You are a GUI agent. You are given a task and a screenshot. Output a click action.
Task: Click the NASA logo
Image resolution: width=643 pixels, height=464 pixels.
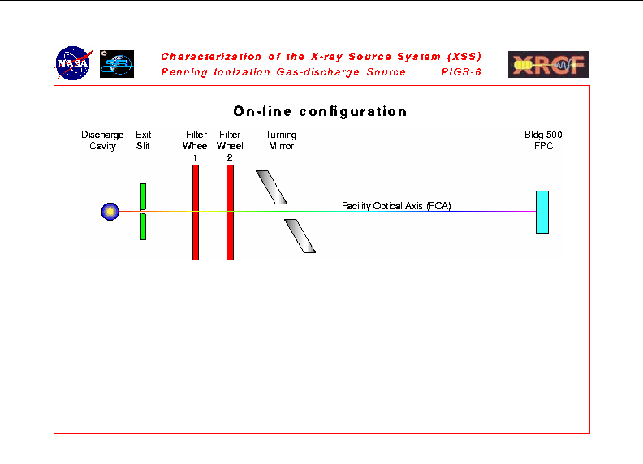(x=73, y=63)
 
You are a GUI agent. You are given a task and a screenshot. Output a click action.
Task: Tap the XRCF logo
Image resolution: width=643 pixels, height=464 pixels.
(x=549, y=64)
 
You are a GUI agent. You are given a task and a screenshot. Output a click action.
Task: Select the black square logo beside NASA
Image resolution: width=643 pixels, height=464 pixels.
(x=117, y=64)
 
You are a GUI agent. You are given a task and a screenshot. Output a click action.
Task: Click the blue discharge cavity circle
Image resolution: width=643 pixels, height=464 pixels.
(x=110, y=212)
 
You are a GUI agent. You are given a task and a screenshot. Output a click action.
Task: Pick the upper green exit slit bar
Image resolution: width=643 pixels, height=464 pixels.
(x=143, y=197)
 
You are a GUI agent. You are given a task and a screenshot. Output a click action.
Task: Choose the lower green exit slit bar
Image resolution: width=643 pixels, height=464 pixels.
(x=143, y=226)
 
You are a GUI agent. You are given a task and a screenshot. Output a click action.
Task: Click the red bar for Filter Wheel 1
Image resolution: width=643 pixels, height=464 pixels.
(x=196, y=213)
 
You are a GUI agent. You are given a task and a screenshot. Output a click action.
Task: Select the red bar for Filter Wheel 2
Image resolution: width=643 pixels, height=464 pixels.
(x=230, y=213)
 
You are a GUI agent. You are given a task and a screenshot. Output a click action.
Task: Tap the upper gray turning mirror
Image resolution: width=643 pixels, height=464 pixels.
(x=271, y=187)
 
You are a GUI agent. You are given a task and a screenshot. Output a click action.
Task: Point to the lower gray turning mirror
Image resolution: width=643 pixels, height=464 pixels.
(x=300, y=236)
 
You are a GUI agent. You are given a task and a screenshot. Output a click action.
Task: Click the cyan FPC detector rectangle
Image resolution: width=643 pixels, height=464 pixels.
(x=542, y=212)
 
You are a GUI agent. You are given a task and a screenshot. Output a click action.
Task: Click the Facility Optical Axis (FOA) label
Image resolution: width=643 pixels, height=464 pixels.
(x=396, y=206)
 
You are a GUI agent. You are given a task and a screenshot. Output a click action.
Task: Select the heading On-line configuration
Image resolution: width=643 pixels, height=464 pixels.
(x=320, y=111)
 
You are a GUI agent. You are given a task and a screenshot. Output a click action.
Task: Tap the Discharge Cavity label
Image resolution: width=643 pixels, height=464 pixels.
(x=102, y=140)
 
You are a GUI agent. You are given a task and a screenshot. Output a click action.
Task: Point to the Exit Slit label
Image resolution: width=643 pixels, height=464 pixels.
(x=143, y=140)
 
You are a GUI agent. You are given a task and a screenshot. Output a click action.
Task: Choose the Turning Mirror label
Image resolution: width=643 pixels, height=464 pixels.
(x=281, y=140)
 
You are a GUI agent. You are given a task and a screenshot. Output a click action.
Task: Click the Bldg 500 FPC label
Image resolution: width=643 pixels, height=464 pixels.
(x=543, y=140)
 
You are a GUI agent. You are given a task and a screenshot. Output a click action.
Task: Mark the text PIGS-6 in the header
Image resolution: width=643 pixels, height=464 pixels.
(x=461, y=72)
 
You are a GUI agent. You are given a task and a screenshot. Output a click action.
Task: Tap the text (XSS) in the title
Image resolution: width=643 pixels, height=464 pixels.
(x=464, y=56)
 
